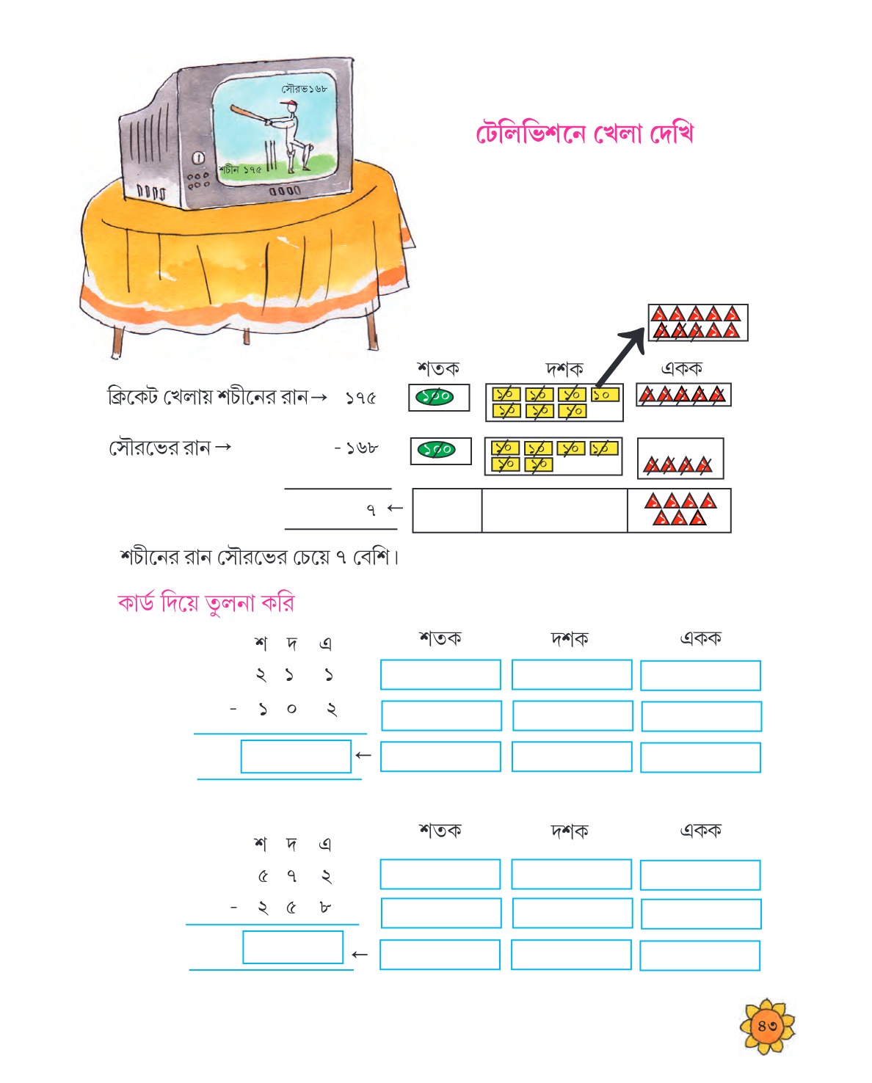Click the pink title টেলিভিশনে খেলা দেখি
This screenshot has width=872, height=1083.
[584, 134]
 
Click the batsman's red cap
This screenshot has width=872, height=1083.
[288, 103]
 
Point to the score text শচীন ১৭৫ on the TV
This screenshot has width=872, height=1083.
[239, 169]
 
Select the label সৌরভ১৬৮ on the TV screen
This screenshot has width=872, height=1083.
[304, 89]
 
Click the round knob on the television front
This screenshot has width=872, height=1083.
[199, 158]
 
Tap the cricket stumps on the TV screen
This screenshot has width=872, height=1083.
[271, 156]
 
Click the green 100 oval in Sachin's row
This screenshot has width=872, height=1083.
[434, 397]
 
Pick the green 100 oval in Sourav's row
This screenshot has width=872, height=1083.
[437, 449]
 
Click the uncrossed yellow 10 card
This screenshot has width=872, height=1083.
[605, 395]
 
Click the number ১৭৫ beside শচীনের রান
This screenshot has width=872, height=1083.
[360, 398]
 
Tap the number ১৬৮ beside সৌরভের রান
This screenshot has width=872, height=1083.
[361, 448]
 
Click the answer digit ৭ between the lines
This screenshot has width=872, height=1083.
[371, 510]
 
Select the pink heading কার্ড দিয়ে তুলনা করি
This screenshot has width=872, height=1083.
[206, 603]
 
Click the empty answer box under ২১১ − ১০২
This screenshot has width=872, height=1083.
[296, 756]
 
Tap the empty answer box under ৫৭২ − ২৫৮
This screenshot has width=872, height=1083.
[293, 947]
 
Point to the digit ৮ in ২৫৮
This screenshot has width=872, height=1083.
[325, 908]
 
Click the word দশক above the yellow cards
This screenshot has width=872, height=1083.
[564, 369]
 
